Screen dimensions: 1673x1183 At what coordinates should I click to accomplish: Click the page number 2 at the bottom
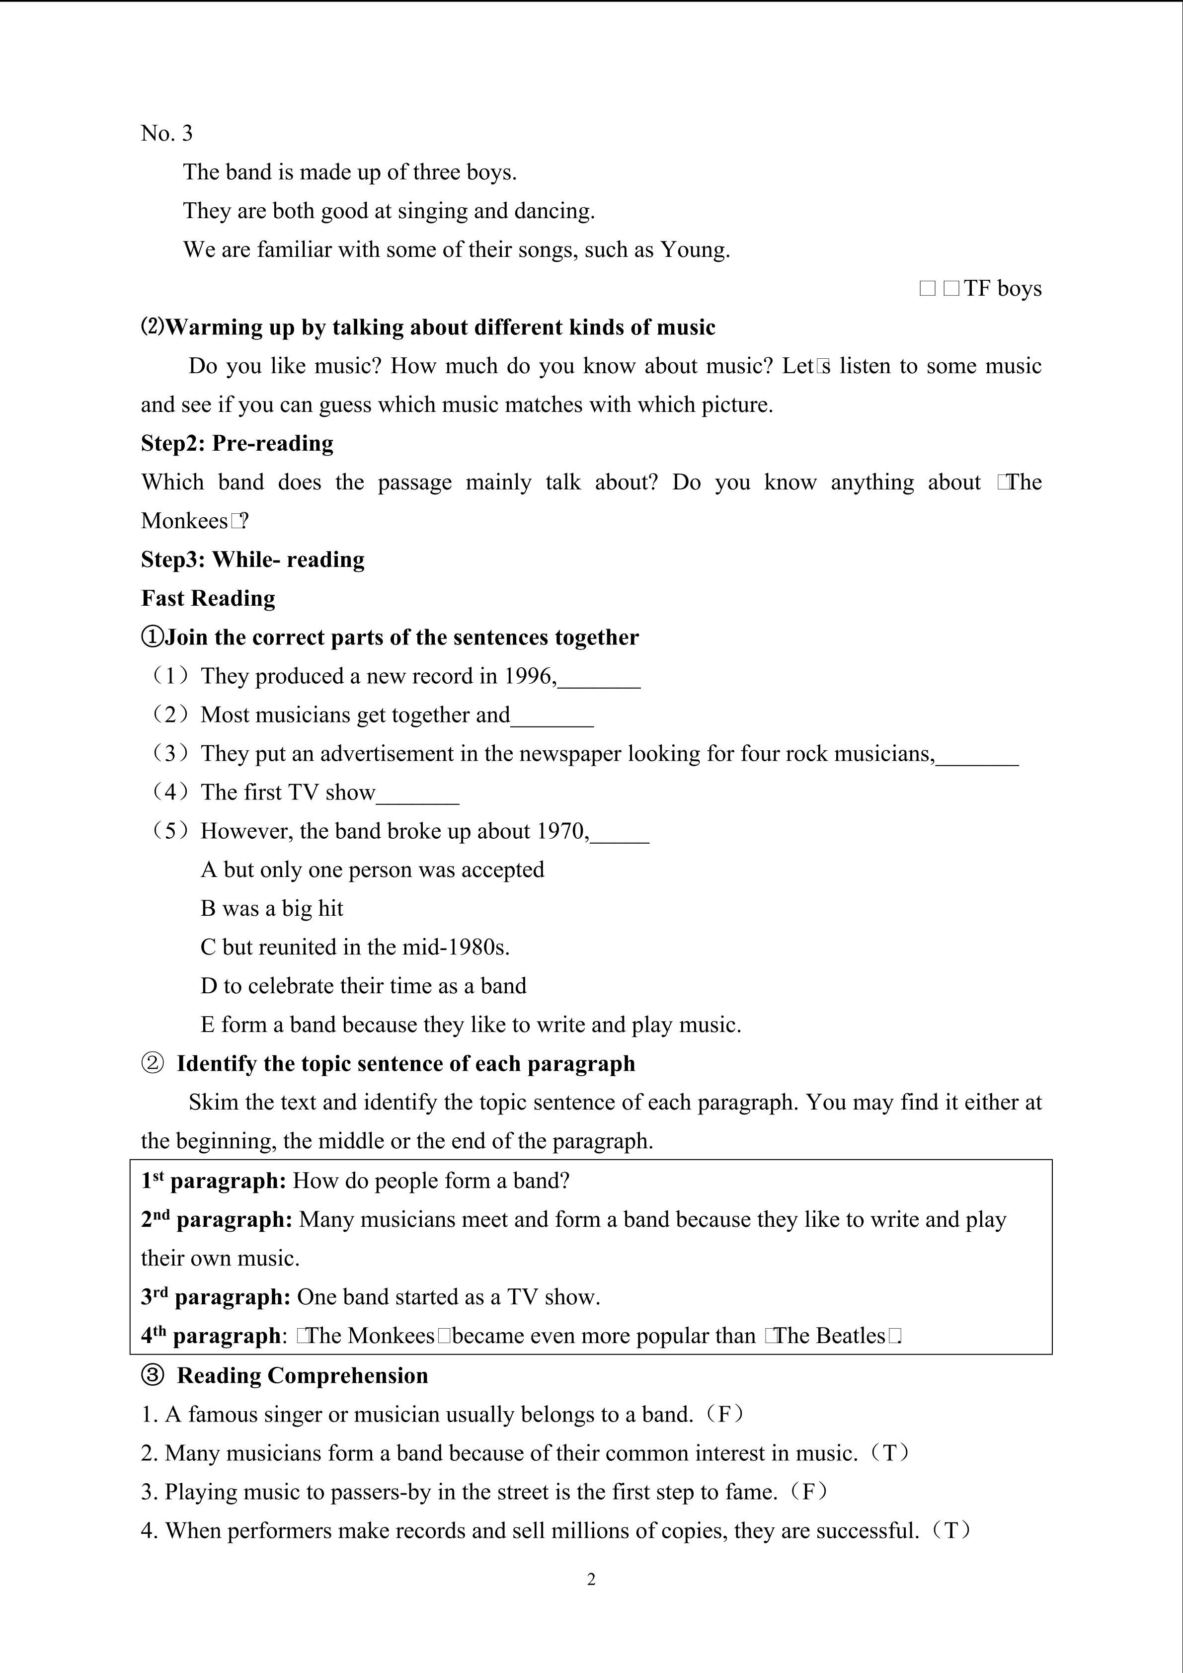[591, 1579]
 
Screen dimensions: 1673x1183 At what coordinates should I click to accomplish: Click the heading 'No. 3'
[167, 133]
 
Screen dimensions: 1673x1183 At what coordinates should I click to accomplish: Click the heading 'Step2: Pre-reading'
[237, 444]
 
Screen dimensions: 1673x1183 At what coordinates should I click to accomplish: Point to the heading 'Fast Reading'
[208, 598]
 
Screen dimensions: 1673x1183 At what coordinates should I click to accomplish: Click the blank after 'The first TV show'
[417, 794]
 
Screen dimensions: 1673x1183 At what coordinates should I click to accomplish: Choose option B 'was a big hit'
[272, 909]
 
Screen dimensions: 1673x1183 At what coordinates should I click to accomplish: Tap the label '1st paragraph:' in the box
[214, 1181]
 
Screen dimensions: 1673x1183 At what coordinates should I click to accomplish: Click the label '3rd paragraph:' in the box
[216, 1297]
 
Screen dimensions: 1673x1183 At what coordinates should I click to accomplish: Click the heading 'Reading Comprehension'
[302, 1376]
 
